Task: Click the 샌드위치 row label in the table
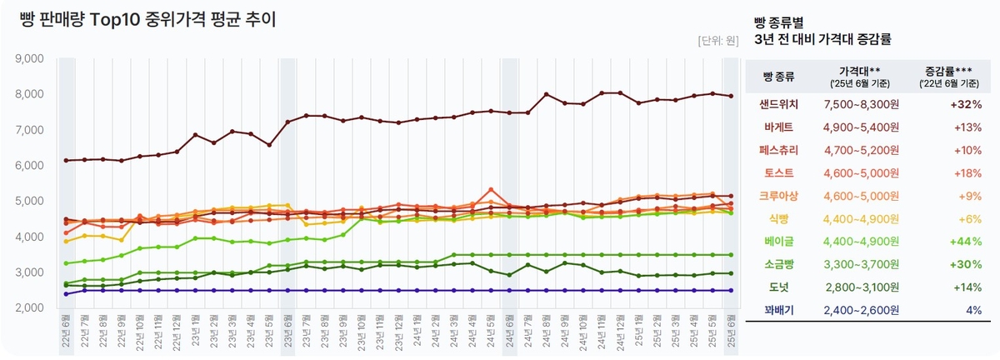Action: click(779, 104)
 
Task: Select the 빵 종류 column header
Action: click(779, 77)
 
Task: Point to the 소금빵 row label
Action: click(779, 264)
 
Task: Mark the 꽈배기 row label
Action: click(779, 309)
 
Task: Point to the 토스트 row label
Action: click(779, 173)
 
